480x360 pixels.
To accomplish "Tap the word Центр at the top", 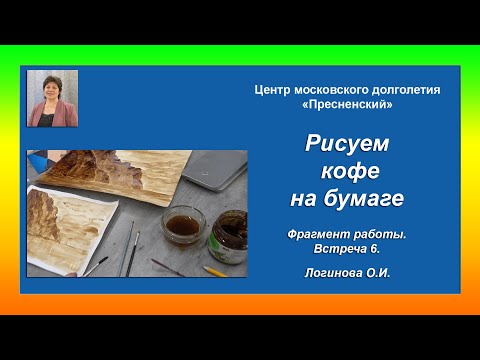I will click(x=275, y=90).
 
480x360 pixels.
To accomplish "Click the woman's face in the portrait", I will click(x=51, y=91).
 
